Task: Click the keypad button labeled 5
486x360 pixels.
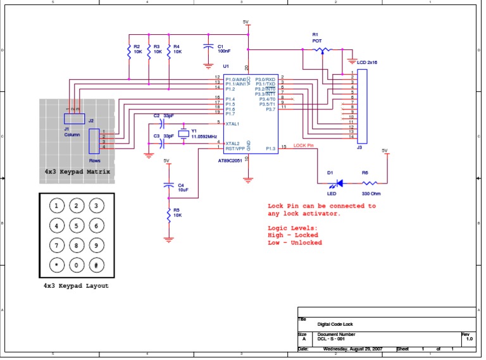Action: click(x=77, y=225)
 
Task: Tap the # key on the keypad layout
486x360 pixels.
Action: click(x=96, y=264)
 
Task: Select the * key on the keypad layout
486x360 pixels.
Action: click(x=57, y=264)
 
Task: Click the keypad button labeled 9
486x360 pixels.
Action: click(x=96, y=245)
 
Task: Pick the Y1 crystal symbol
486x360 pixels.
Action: click(x=184, y=133)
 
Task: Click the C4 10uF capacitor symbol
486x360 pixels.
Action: click(x=168, y=185)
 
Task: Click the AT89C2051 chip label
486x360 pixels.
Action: click(x=231, y=161)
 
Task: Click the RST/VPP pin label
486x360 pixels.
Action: click(x=235, y=148)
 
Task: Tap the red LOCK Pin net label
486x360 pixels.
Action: click(x=304, y=146)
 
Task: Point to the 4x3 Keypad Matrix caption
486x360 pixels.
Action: click(x=77, y=171)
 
